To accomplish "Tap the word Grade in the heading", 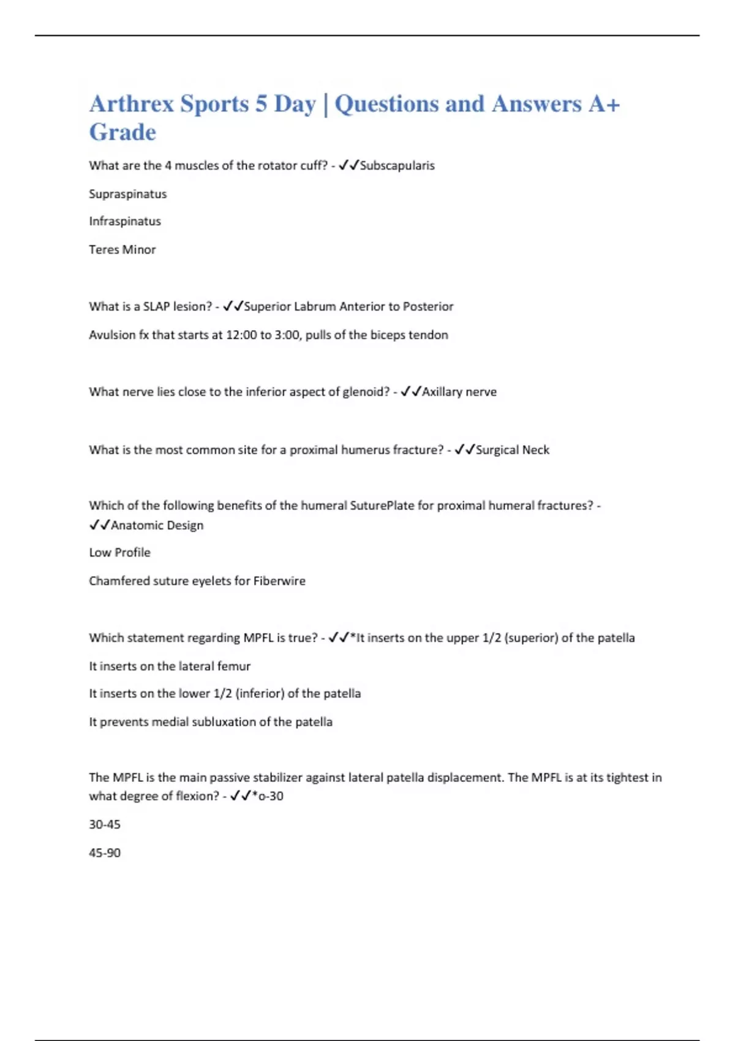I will pyautogui.click(x=123, y=132).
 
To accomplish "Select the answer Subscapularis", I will pyautogui.click(x=397, y=165).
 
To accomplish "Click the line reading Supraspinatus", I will pyautogui.click(x=127, y=194).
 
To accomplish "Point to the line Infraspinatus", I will pyautogui.click(x=125, y=221).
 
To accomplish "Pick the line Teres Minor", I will pyautogui.click(x=123, y=249).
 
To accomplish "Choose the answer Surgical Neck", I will pyautogui.click(x=512, y=450).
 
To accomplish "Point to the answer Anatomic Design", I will pyautogui.click(x=157, y=525).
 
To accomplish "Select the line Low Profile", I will pyautogui.click(x=119, y=552).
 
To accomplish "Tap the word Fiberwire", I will pyautogui.click(x=279, y=581).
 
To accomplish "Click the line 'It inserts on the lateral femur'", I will pyautogui.click(x=170, y=666).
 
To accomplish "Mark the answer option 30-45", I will pyautogui.click(x=105, y=824).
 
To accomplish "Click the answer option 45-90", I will pyautogui.click(x=105, y=852).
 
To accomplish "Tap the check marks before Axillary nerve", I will pyautogui.click(x=411, y=392).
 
